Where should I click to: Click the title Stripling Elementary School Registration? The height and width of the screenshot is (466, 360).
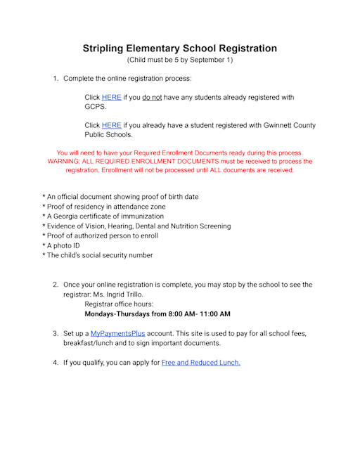tap(179, 48)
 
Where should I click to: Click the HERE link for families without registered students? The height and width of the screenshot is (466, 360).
tap(111, 97)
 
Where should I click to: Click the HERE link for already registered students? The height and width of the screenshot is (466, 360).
tap(111, 125)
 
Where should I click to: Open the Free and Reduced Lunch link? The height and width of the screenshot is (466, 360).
tap(200, 363)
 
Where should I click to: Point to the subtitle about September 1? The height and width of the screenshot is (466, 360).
tap(179, 60)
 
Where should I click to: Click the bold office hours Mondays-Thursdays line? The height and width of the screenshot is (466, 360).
tap(157, 313)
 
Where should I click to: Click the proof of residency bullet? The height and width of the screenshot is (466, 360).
tap(105, 207)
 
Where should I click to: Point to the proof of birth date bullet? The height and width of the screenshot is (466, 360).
tap(120, 197)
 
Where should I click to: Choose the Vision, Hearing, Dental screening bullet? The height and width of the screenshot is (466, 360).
tap(136, 226)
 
